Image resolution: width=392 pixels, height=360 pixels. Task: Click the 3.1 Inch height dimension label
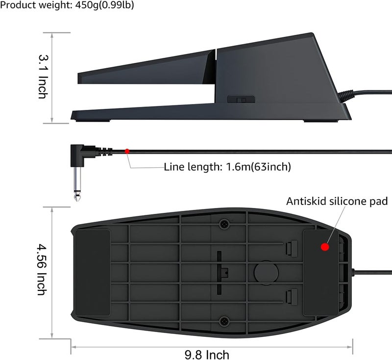(x=43, y=77)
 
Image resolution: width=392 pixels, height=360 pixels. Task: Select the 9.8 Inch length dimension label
(x=207, y=355)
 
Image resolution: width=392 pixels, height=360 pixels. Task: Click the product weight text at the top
(x=67, y=5)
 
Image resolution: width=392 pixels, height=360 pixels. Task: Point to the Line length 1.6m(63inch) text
(x=227, y=167)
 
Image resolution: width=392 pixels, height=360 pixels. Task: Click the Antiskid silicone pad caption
(x=337, y=201)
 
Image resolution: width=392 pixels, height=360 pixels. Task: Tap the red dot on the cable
(x=127, y=151)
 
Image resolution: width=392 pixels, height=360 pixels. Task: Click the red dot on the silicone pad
(x=325, y=247)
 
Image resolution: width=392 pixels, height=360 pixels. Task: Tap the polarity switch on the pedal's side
(x=241, y=100)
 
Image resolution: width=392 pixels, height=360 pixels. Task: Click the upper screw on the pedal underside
(x=224, y=224)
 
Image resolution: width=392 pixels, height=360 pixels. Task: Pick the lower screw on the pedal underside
(x=224, y=321)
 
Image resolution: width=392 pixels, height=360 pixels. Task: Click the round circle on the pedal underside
(x=266, y=272)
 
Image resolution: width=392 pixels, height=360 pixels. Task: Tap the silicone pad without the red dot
(x=93, y=273)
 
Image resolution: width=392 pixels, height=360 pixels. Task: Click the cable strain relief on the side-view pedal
(x=346, y=96)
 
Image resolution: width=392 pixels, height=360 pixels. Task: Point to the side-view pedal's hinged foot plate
(x=147, y=67)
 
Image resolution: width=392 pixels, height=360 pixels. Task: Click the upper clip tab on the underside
(x=292, y=249)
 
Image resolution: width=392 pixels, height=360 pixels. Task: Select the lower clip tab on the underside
(x=292, y=296)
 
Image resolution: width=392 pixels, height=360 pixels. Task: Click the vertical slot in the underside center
(x=219, y=273)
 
